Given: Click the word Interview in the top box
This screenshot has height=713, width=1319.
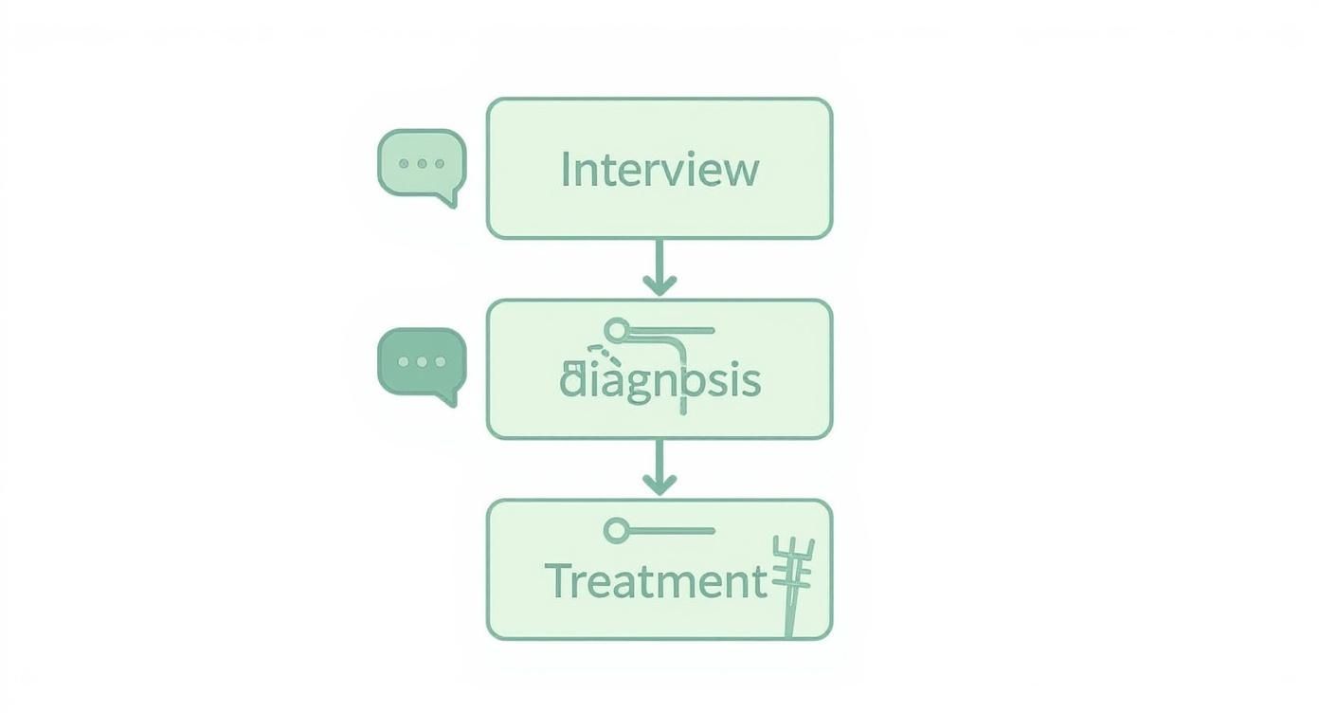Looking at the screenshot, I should pyautogui.click(x=659, y=170).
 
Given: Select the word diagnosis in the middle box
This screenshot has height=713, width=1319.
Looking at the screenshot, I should pyautogui.click(x=659, y=380).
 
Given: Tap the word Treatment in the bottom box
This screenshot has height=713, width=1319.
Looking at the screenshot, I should pyautogui.click(x=656, y=580).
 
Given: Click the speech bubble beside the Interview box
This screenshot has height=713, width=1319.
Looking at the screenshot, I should pyautogui.click(x=422, y=164).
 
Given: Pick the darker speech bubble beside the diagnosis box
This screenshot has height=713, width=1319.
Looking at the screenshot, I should pyautogui.click(x=422, y=363).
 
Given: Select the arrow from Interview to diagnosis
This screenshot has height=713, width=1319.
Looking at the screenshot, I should pyautogui.click(x=659, y=266).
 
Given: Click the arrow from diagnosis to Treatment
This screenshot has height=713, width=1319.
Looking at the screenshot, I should pyautogui.click(x=659, y=467).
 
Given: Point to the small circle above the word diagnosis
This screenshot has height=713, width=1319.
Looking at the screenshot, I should pyautogui.click(x=617, y=331).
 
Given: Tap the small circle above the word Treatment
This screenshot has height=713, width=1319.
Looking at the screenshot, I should pyautogui.click(x=616, y=531).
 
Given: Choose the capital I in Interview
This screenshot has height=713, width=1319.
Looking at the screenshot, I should pyautogui.click(x=566, y=170).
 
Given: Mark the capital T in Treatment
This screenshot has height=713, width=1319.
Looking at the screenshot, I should pyautogui.click(x=559, y=580).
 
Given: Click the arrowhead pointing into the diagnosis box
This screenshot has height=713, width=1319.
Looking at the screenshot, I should pyautogui.click(x=659, y=283).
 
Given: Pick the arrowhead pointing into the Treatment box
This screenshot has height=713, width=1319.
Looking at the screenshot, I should pyautogui.click(x=659, y=484).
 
